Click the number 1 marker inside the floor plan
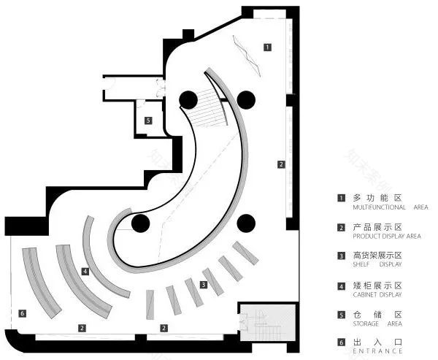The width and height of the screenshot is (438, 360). point(267,47)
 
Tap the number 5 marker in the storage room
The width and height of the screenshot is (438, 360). point(148,120)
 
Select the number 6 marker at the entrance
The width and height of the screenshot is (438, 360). point(23,313)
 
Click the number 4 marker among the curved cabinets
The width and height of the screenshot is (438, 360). point(85,271)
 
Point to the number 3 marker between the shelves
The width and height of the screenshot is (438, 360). point(204,285)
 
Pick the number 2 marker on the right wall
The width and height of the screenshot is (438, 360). point(281,164)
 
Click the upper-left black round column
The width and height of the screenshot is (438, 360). point(188,100)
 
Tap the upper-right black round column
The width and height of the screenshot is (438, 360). point(246,100)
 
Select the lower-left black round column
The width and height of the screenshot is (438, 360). point(140,223)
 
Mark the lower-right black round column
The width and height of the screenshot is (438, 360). point(246,223)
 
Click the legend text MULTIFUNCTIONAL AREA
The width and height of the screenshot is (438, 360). point(391,207)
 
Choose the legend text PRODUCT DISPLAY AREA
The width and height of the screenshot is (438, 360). point(387,236)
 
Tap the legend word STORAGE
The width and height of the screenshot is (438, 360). point(366,323)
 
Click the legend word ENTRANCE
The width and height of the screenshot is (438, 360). point(377,351)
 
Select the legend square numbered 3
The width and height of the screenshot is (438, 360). point(341,256)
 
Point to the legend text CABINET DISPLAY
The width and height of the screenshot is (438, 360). point(377,294)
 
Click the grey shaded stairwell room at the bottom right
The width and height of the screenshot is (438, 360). point(268,322)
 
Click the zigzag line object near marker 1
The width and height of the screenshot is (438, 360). point(247,55)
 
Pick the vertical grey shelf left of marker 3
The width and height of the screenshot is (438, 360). point(150,305)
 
